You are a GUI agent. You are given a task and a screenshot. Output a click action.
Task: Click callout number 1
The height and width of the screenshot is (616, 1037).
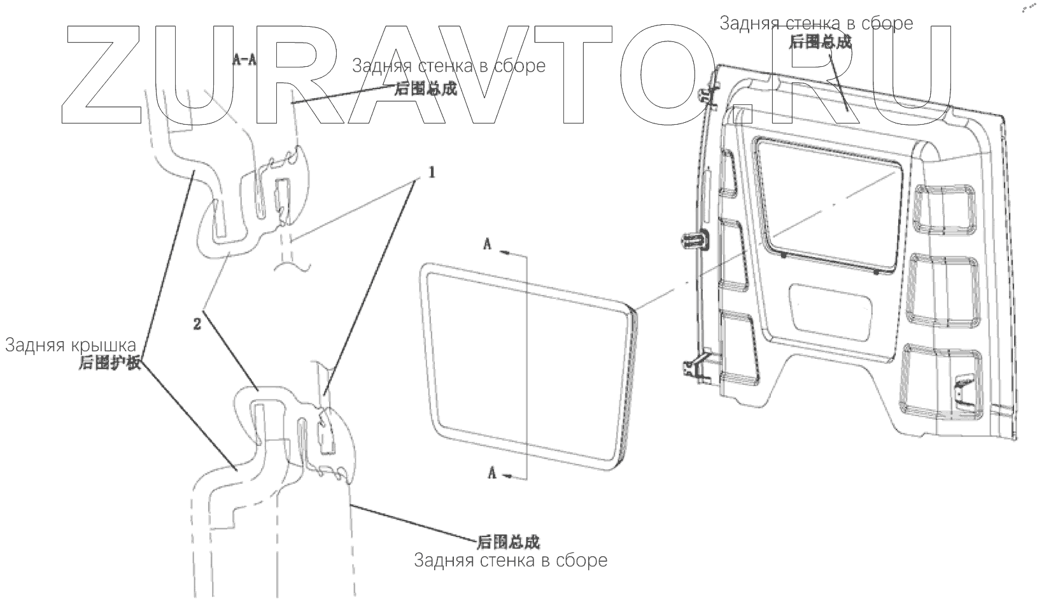431,172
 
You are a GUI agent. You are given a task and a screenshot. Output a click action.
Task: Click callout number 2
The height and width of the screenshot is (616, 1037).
197,324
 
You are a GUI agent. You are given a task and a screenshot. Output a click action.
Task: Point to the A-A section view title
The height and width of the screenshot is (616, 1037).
244,60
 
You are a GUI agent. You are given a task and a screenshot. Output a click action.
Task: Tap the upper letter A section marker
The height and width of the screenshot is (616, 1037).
488,244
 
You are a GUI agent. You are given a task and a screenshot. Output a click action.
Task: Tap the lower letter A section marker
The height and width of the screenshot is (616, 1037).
491,472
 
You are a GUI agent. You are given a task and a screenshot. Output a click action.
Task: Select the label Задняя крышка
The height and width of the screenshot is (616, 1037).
71,346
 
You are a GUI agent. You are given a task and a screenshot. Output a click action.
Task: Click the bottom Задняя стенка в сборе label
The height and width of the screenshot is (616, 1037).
511,561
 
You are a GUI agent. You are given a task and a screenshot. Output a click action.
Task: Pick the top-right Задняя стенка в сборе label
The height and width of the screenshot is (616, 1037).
816,24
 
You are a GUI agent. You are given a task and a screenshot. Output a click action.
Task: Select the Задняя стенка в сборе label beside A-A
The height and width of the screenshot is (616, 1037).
449,66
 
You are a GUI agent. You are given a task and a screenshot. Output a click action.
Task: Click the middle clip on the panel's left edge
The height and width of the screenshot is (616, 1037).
695,241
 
